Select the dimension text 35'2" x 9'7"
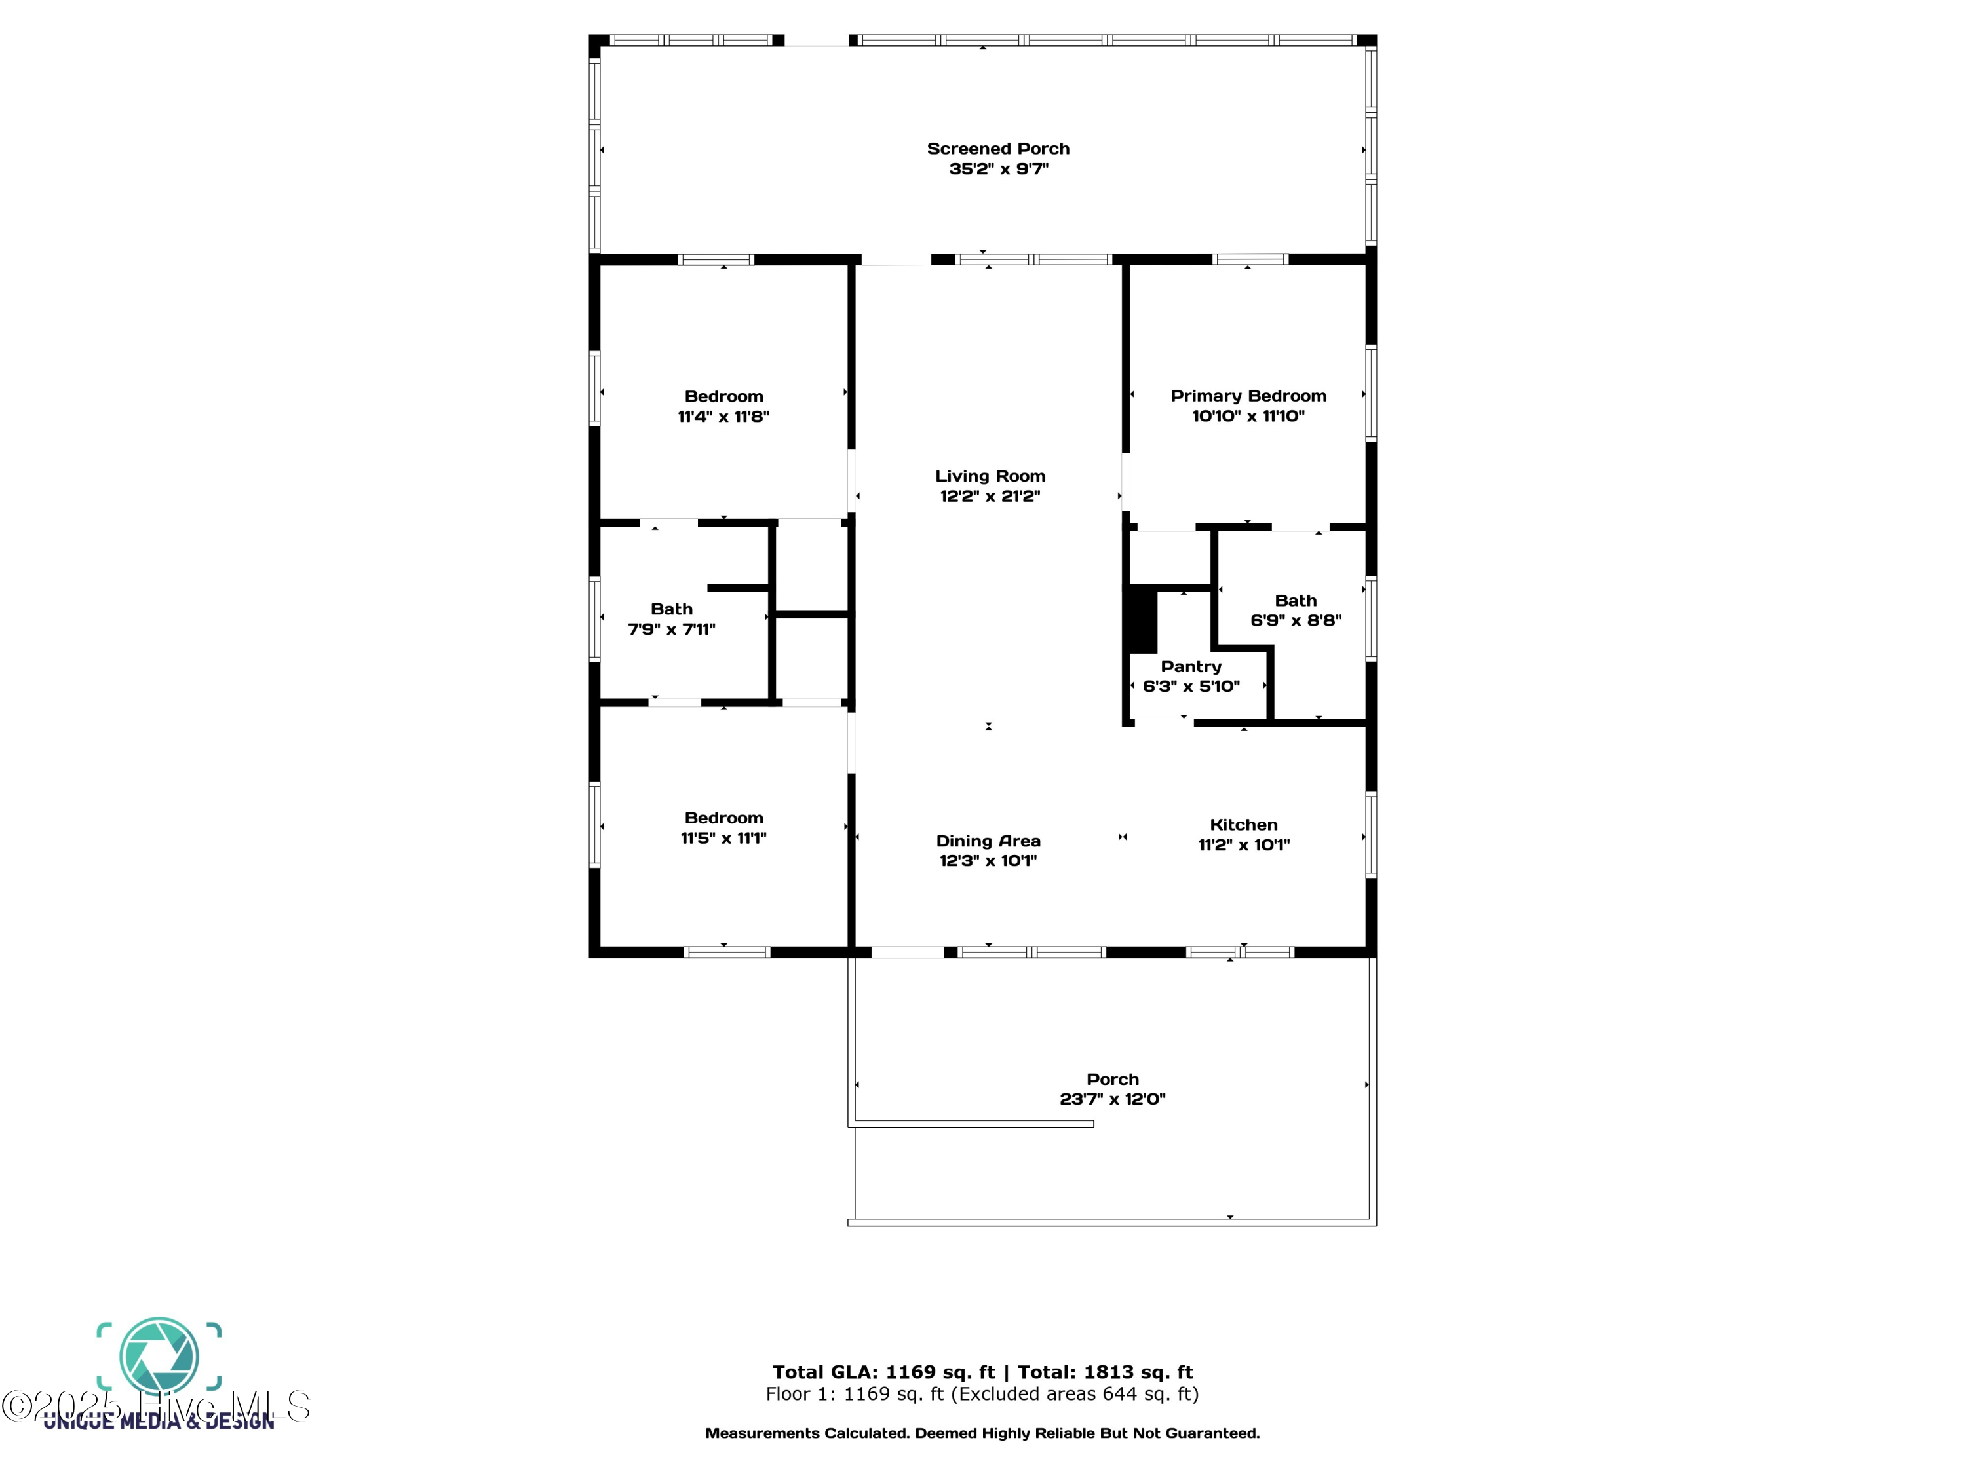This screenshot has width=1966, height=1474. (x=998, y=169)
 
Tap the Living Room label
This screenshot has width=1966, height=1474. (x=989, y=476)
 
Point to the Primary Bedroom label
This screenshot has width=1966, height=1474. (x=1248, y=396)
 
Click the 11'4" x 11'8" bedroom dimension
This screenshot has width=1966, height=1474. (x=723, y=417)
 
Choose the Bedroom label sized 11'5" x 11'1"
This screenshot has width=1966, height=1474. (x=723, y=818)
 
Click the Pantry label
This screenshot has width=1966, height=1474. (x=1191, y=666)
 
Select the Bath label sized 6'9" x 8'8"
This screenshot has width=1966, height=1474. (x=1295, y=601)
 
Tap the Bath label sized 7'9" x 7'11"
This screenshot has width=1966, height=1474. (x=671, y=609)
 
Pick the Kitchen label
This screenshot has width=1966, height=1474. (x=1243, y=825)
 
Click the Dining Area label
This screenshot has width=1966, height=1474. (x=988, y=841)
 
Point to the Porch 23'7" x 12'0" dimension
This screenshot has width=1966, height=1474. (x=1112, y=1099)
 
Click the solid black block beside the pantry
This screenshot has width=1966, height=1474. (x=1141, y=619)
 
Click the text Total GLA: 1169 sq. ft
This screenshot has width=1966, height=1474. (x=883, y=1372)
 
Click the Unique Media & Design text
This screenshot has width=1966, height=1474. (x=159, y=1422)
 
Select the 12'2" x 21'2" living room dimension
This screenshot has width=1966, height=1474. (x=989, y=497)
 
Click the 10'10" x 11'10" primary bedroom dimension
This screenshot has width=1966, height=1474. (x=1248, y=416)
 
